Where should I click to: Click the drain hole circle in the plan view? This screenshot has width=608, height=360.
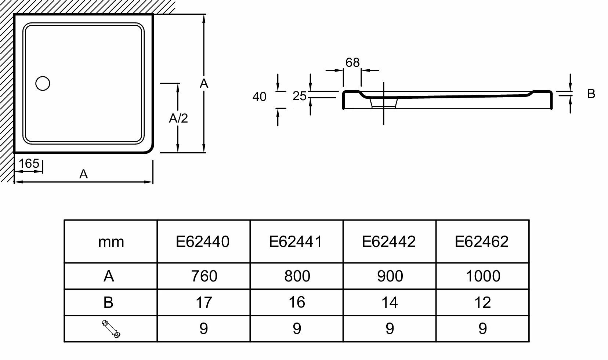point(43,83)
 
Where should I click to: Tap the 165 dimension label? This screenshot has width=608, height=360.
point(29,163)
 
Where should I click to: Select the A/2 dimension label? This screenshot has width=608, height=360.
point(178,118)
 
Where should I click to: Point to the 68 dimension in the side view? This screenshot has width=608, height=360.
point(352,63)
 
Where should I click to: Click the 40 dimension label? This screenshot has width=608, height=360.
point(259,97)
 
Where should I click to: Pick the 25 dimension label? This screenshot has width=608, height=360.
point(300,96)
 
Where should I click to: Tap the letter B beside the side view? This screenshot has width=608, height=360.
point(591,94)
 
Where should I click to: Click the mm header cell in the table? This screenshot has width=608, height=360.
point(111,242)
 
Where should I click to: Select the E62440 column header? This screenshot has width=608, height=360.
point(203,241)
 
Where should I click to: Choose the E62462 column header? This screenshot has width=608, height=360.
point(482,241)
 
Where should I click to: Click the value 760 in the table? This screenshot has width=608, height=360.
point(204,276)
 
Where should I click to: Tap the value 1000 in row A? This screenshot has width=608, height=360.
point(483,276)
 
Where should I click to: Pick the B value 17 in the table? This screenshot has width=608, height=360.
point(203,302)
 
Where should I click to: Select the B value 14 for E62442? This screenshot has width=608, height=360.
point(389,302)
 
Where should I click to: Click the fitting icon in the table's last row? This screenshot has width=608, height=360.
point(111,329)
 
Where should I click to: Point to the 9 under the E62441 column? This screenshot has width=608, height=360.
point(297,329)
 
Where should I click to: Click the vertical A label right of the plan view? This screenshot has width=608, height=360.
point(204,84)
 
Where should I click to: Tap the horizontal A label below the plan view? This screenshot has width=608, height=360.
point(84,174)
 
